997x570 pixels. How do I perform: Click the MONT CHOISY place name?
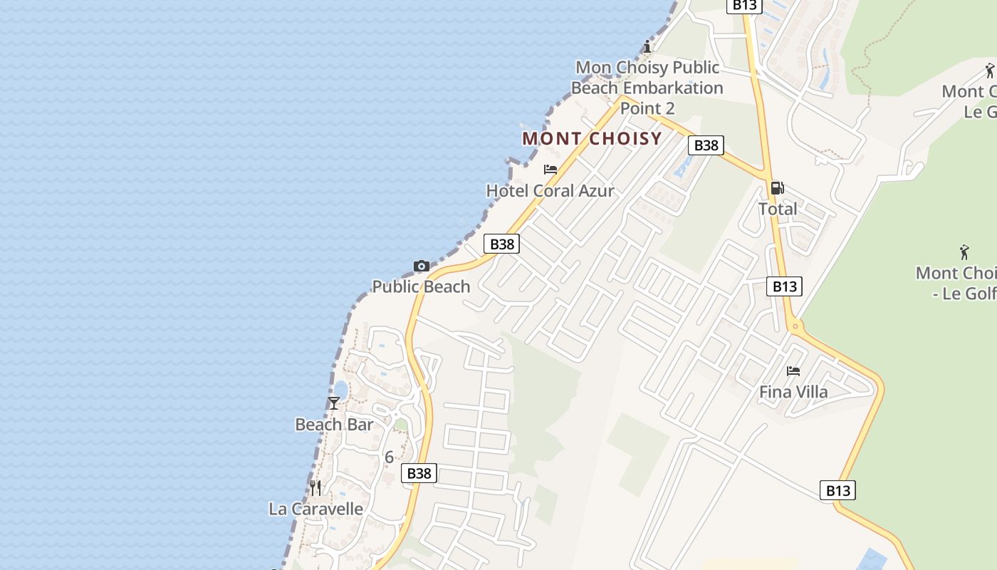[592, 138]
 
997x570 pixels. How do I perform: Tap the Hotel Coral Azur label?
[550, 191]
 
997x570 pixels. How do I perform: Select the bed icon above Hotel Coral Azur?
[550, 170]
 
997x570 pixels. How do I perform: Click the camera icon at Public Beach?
[422, 266]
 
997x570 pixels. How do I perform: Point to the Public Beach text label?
[421, 286]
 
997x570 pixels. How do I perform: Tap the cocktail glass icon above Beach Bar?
[334, 403]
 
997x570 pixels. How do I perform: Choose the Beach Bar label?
[334, 425]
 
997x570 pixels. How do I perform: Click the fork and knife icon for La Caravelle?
[315, 487]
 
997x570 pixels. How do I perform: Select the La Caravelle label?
[315, 509]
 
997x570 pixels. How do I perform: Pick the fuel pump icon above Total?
[777, 188]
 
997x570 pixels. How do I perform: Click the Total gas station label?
[777, 209]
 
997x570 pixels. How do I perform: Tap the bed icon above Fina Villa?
[793, 371]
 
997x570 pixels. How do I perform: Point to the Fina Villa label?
[793, 392]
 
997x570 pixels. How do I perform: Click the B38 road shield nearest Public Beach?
[502, 244]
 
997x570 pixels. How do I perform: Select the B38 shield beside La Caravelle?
[419, 473]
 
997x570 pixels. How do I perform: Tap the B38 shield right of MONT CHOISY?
[706, 145]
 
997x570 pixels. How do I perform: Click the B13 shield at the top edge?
[745, 5]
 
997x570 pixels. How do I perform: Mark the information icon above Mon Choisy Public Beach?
[647, 47]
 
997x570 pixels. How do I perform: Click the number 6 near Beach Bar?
[389, 457]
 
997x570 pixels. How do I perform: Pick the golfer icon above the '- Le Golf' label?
[964, 252]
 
